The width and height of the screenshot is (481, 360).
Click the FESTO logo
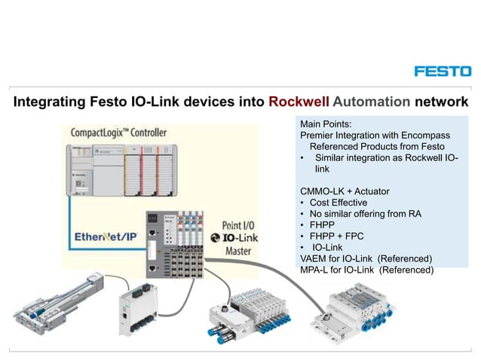pyautogui.click(x=443, y=71)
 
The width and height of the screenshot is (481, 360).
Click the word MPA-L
pyautogui.click(x=316, y=270)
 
